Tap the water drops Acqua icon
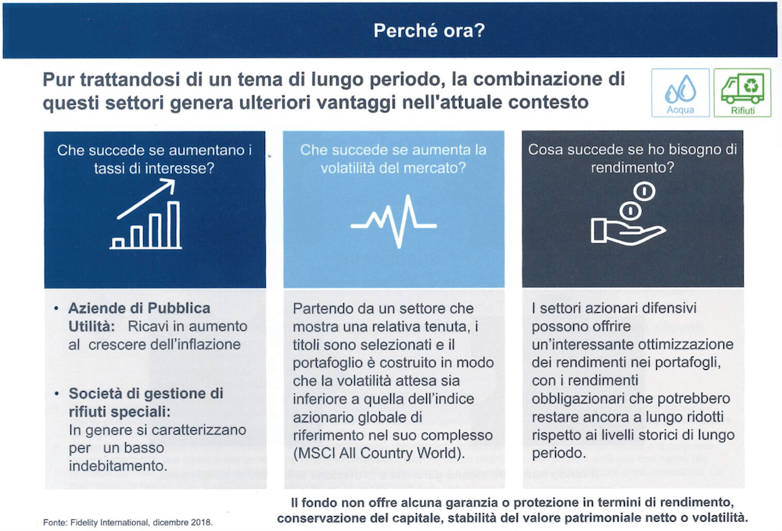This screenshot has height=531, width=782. pos(680,91)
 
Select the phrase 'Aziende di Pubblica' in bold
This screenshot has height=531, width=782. pos(139,308)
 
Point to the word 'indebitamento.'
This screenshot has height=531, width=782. pos(118,465)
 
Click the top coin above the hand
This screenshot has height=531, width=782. pos(643,190)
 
